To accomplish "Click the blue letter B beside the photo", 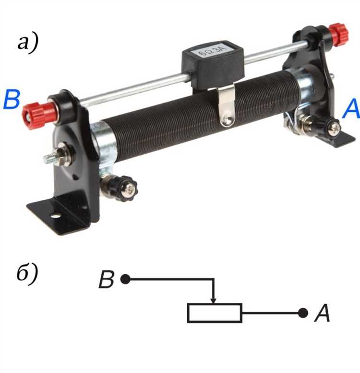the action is click(x=12, y=100).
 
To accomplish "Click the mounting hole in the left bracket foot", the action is click(x=55, y=216).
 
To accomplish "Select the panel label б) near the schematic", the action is click(x=27, y=274).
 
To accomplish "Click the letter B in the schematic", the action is click(x=106, y=279).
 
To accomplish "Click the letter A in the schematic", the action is click(x=322, y=313).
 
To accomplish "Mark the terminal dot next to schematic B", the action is click(x=125, y=279).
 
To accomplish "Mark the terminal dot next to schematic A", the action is click(x=303, y=313).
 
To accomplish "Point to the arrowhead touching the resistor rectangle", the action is click(x=214, y=300).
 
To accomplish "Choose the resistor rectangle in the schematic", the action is click(x=215, y=313).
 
